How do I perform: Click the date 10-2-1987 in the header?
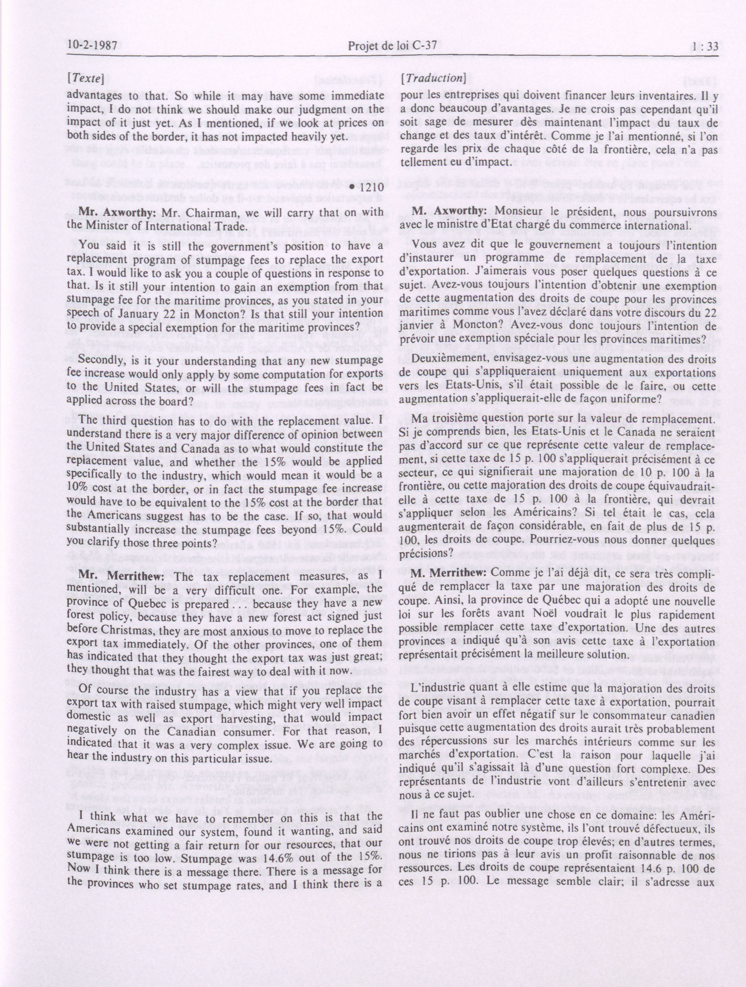coord(95,46)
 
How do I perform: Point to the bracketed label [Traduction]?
coord(433,79)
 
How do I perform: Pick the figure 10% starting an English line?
coord(78,489)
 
